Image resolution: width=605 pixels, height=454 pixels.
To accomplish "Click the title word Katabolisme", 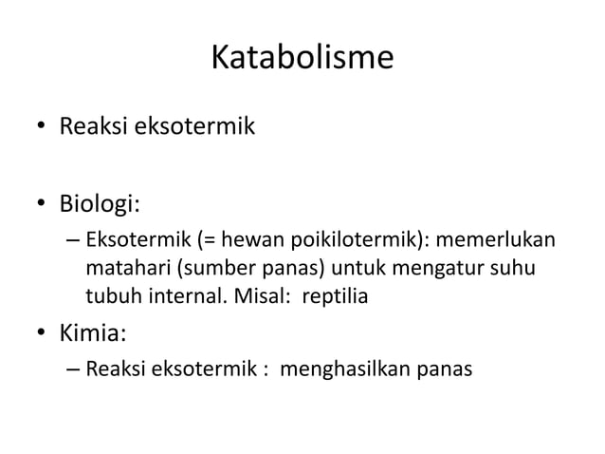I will (x=302, y=59).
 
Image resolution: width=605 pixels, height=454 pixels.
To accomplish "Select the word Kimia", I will (x=93, y=333).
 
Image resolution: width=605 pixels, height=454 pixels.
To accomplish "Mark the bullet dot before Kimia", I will (x=43, y=334).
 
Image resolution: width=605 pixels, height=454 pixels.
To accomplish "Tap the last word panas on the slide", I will (x=444, y=367).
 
